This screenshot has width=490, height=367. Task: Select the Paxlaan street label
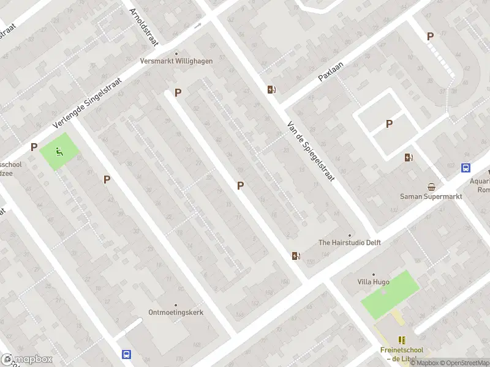coord(331,71)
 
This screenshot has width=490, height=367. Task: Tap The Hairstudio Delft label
coord(350,242)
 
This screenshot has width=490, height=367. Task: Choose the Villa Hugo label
coord(374,282)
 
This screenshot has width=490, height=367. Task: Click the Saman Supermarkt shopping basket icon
coord(432,187)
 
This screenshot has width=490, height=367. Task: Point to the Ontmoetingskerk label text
coord(176,312)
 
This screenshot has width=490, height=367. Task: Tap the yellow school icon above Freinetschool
coord(402,340)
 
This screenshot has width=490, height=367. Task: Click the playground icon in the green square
coord(59,151)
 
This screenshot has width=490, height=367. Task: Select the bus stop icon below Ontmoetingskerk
coord(126,354)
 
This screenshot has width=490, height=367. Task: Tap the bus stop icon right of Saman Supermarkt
coord(466,168)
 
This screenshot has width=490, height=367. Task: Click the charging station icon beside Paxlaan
coord(271,90)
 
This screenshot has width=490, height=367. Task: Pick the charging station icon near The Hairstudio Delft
coord(296,256)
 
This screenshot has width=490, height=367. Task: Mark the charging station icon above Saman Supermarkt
coord(409,157)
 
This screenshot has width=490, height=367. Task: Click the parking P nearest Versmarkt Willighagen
coord(178,92)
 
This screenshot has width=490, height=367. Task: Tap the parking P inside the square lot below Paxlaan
coord(389,124)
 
